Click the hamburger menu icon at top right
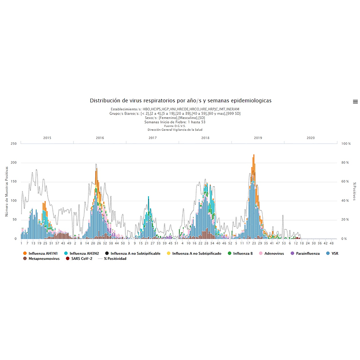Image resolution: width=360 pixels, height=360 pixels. tap(355, 101)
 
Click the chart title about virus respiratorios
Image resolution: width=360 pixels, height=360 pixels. tap(181, 101)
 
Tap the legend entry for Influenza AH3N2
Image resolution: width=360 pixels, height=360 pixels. tap(82, 253)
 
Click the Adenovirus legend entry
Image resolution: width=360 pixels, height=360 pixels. tap(272, 253)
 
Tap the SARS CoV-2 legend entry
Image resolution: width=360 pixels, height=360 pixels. tap(79, 259)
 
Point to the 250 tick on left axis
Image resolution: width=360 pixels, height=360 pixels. tap(14, 144)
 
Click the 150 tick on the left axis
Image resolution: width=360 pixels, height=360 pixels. tap(14, 182)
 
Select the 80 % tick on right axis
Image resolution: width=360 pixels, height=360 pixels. tap(345, 163)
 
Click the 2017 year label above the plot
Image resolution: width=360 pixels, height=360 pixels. tap(152, 137)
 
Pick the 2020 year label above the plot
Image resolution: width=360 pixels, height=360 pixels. tap(310, 137)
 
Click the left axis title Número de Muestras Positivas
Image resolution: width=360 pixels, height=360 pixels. tap(7, 191)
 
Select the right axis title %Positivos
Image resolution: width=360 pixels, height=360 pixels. tap(354, 191)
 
